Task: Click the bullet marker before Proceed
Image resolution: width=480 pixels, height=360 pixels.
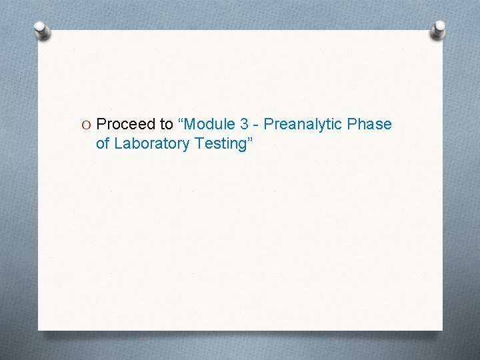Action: point(87,125)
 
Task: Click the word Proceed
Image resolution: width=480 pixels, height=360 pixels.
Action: point(125,124)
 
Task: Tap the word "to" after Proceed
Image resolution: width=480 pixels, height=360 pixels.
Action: point(166,124)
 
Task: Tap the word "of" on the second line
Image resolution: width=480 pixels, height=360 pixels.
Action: point(103,143)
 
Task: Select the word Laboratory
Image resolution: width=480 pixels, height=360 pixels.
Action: point(147,143)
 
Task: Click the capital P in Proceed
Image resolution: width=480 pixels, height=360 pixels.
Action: point(101,124)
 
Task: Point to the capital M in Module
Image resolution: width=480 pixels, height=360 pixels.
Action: point(192,124)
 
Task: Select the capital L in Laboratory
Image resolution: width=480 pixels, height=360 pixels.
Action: point(119,143)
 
